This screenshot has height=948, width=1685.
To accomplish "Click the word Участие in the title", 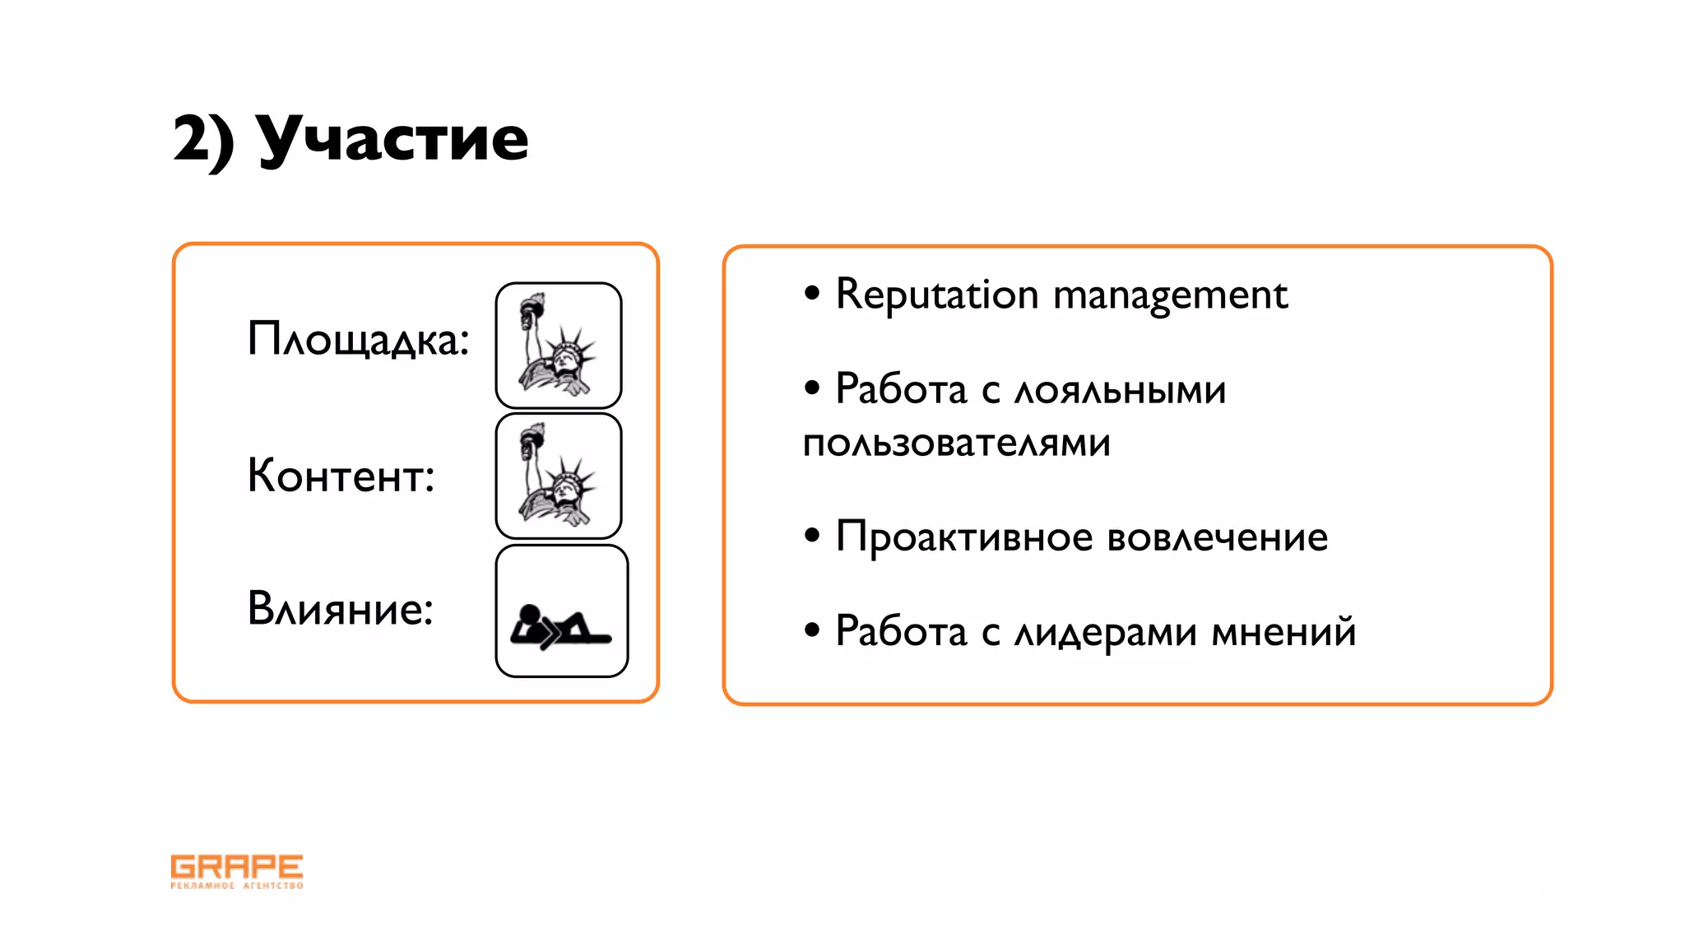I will [x=393, y=138].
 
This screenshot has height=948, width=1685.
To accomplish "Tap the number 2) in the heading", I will [x=203, y=140].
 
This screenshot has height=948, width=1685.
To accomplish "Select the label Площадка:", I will [x=358, y=339].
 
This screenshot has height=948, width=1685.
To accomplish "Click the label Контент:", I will [x=341, y=476].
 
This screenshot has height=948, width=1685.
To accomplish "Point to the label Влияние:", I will [x=340, y=610].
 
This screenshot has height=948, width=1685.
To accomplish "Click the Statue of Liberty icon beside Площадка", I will [x=559, y=346].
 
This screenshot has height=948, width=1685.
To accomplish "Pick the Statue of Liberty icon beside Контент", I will [x=559, y=476].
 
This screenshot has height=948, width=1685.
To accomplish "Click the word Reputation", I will [x=937, y=295].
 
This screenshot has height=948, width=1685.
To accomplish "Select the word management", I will [x=1170, y=295].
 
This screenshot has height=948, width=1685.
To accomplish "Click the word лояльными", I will [x=1120, y=390].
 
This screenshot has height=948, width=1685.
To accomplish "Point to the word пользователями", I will [x=956, y=444].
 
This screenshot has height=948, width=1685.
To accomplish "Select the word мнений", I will [x=1283, y=631].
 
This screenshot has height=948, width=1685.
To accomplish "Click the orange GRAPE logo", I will [x=237, y=871].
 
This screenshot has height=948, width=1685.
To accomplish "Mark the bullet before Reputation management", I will [x=813, y=293].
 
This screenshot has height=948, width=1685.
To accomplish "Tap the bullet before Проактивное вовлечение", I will [x=813, y=536].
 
